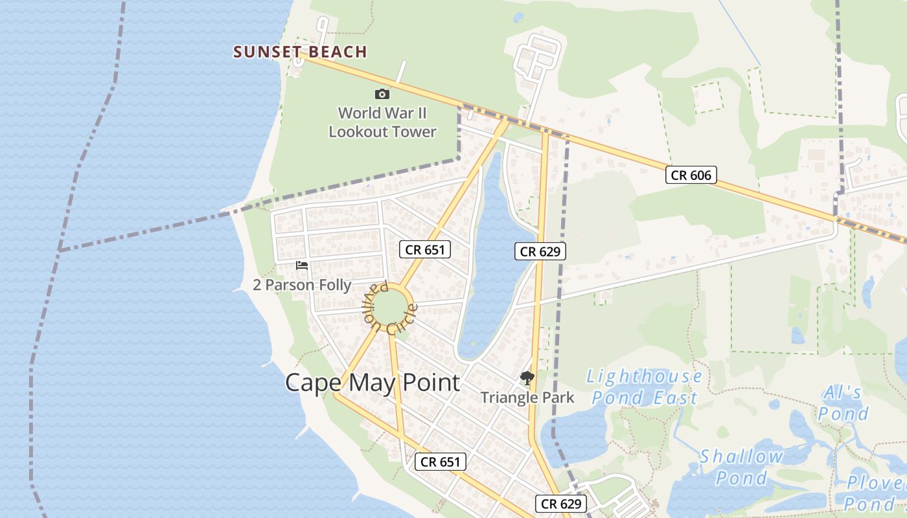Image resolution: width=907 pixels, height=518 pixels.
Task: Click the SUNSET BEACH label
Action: (x=300, y=52)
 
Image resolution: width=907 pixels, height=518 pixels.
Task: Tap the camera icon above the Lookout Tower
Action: (x=382, y=95)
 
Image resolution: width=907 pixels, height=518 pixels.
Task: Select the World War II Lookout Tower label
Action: (x=382, y=122)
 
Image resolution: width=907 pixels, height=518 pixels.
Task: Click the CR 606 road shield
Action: (x=691, y=175)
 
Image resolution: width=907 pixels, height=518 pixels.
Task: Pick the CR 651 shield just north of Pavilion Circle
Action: (x=424, y=249)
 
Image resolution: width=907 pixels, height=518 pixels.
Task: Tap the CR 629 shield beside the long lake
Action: (x=540, y=251)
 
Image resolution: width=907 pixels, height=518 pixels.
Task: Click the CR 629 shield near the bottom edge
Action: (x=561, y=504)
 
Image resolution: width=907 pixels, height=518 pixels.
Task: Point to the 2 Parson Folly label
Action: (x=302, y=285)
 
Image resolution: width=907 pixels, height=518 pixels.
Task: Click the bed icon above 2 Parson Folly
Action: (x=302, y=265)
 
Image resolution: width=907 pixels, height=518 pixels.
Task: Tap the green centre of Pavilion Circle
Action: (x=391, y=309)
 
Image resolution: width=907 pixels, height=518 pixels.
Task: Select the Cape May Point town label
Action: (x=373, y=383)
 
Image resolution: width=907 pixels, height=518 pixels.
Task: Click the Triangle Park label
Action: (x=527, y=397)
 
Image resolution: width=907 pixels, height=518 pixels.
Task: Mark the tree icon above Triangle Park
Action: (x=527, y=378)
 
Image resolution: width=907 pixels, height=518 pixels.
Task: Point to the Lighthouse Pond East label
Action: (x=645, y=387)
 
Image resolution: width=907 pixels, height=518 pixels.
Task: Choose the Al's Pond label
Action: (x=842, y=403)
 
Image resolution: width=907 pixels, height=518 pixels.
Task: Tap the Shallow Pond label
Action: (x=742, y=467)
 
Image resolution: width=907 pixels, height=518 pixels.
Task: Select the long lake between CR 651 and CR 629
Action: (x=492, y=259)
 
